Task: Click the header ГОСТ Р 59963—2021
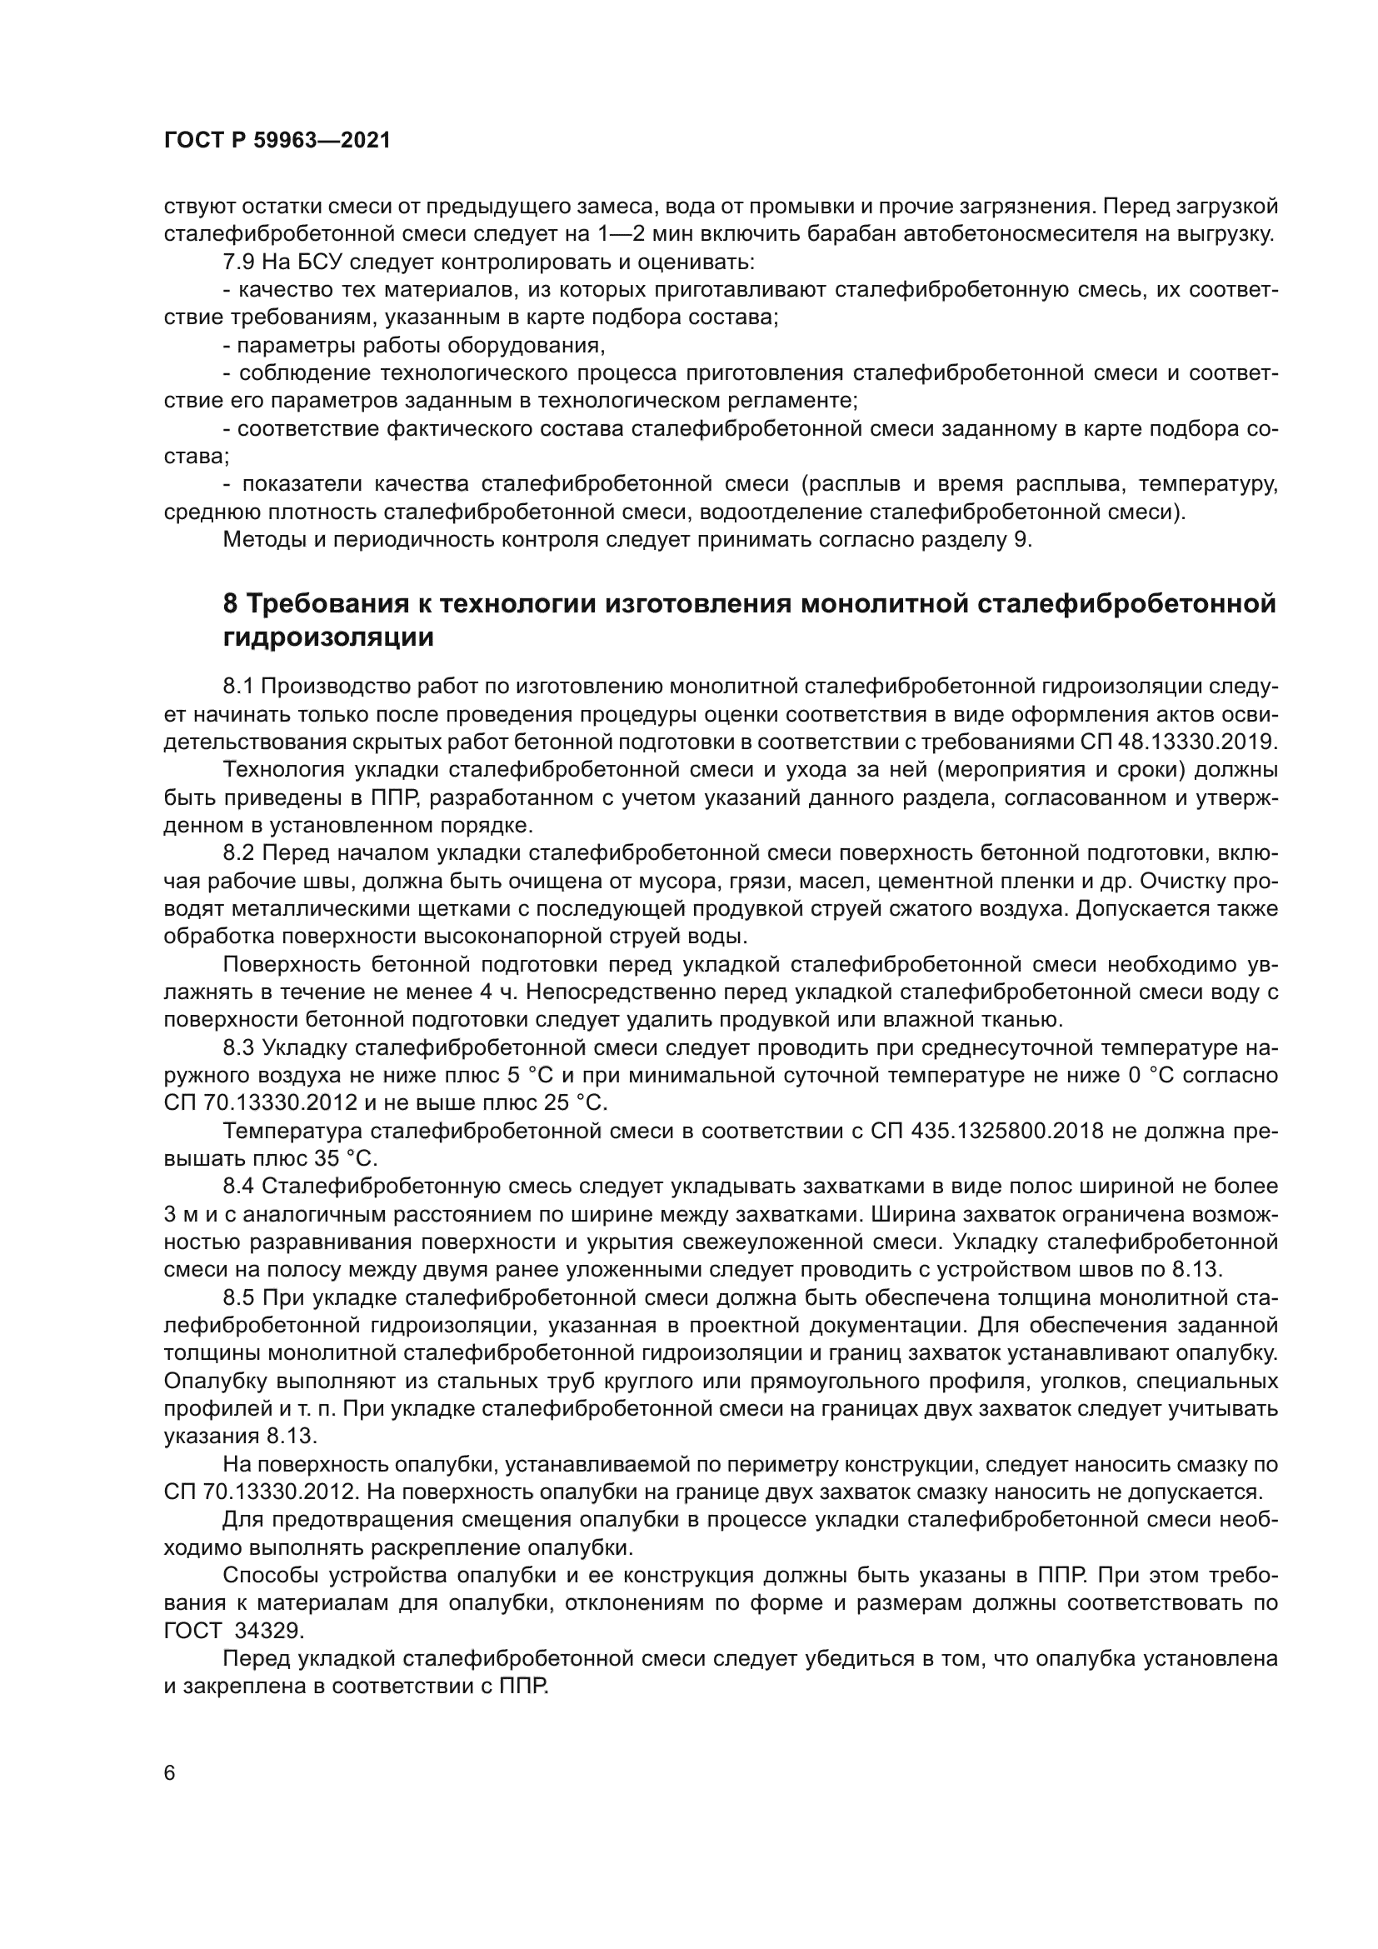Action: click(x=277, y=141)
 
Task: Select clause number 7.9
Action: click(x=239, y=262)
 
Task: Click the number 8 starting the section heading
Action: click(x=230, y=603)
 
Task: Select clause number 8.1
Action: click(x=239, y=686)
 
